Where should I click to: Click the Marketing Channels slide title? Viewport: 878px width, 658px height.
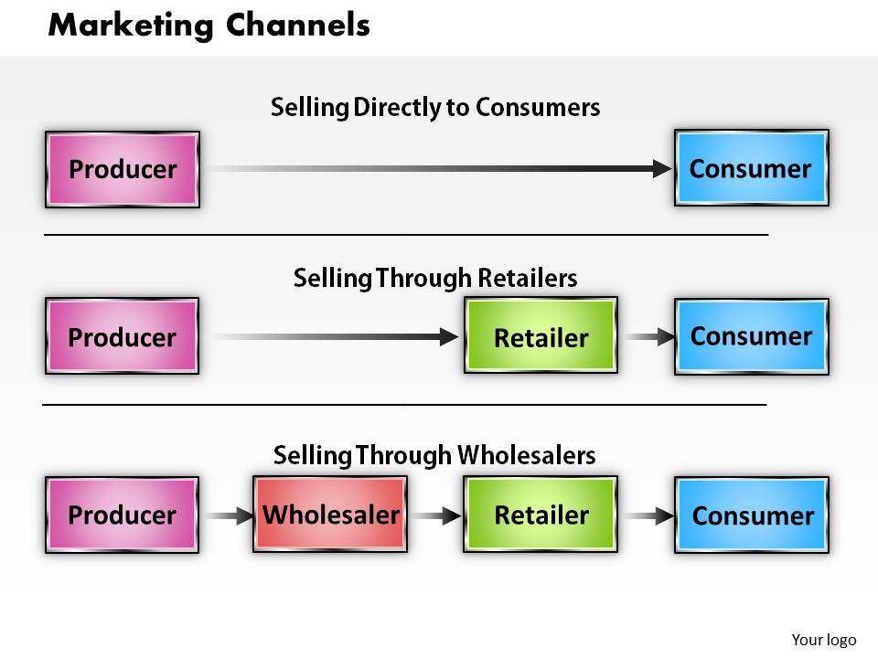pyautogui.click(x=209, y=26)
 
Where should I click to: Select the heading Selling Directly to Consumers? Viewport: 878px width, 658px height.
pyautogui.click(x=435, y=108)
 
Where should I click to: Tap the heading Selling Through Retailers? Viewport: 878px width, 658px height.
pyautogui.click(x=435, y=277)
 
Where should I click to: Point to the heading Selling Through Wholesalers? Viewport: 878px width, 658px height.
pyautogui.click(x=435, y=454)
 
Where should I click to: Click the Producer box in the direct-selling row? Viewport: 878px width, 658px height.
pyautogui.click(x=123, y=169)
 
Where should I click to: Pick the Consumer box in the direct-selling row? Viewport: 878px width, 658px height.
pyautogui.click(x=751, y=168)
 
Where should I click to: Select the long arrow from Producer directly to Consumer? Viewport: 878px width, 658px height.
pyautogui.click(x=439, y=168)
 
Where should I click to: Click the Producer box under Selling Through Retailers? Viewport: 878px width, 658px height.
pyautogui.click(x=122, y=336)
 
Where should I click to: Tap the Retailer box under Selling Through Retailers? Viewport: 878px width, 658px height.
pyautogui.click(x=541, y=336)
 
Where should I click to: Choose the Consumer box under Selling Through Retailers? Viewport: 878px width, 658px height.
pyautogui.click(x=751, y=336)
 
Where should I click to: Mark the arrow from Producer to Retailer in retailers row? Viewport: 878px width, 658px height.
pyautogui.click(x=334, y=337)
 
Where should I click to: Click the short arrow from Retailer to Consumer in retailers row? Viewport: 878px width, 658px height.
pyautogui.click(x=648, y=337)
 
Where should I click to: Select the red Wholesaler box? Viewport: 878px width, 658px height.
pyautogui.click(x=330, y=515)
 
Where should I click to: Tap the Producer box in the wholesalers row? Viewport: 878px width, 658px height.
pyautogui.click(x=122, y=515)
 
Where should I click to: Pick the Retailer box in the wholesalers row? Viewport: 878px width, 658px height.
pyautogui.click(x=541, y=515)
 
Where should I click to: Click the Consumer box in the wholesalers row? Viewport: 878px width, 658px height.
pyautogui.click(x=752, y=515)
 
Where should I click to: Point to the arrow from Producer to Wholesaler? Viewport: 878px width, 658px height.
pyautogui.click(x=227, y=516)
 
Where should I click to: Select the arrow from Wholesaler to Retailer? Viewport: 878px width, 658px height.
pyautogui.click(x=436, y=516)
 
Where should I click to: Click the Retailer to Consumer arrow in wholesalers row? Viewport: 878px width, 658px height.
pyautogui.click(x=648, y=516)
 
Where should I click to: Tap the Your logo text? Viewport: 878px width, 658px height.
pyautogui.click(x=823, y=640)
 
